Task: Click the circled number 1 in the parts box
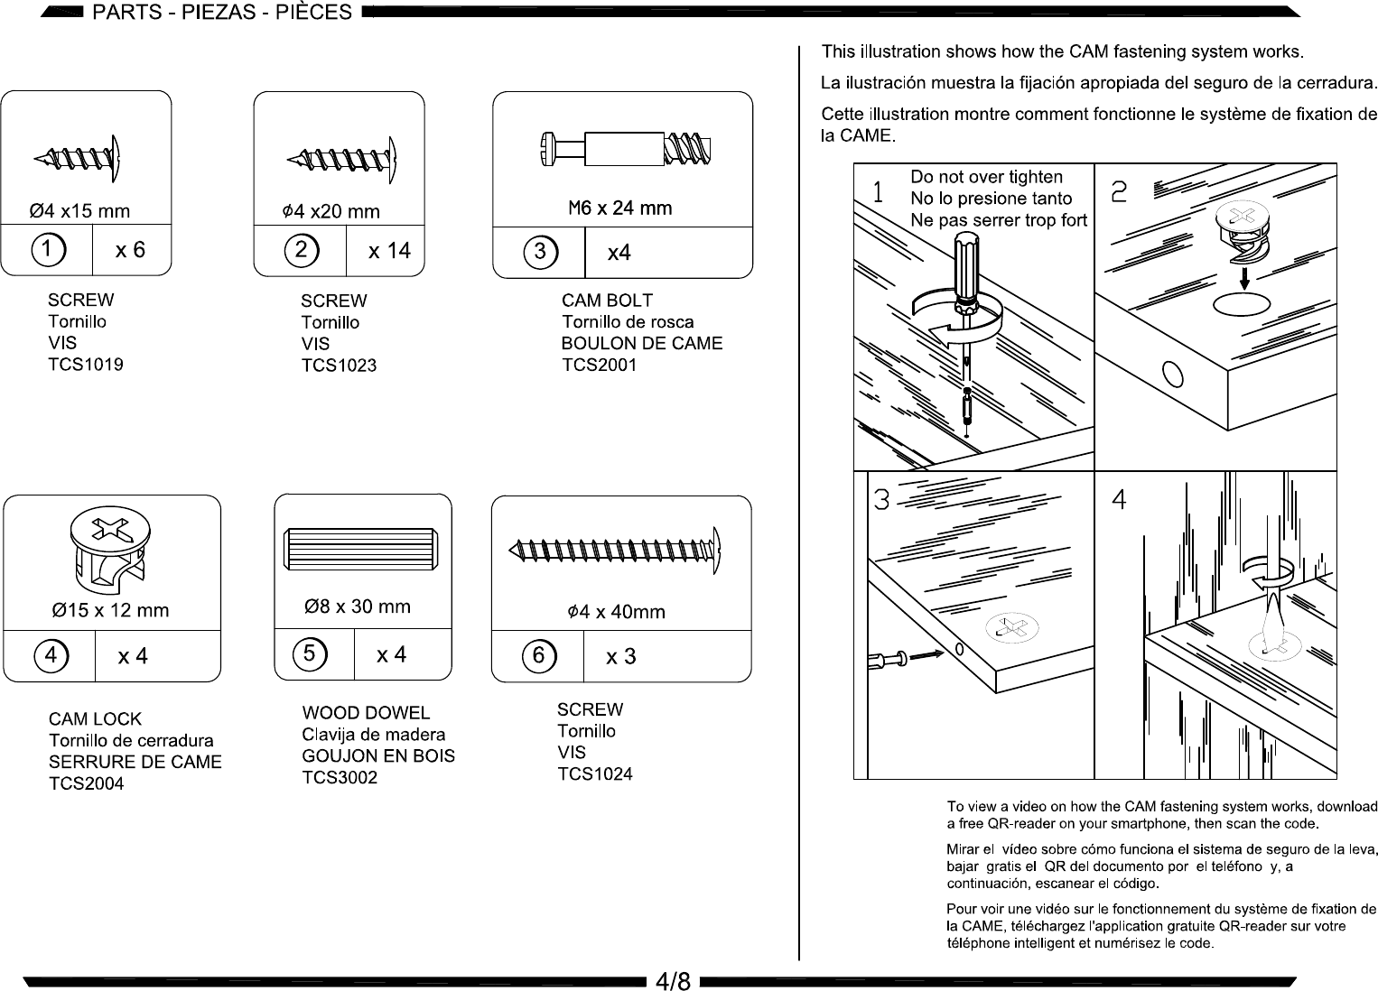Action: [x=48, y=250]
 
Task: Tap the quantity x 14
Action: [x=389, y=251]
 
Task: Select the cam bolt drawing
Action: [x=625, y=149]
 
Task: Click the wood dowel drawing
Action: [x=360, y=549]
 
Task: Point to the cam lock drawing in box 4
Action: [x=110, y=551]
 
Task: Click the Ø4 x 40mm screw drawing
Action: [x=615, y=550]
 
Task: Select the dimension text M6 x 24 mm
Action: [x=620, y=208]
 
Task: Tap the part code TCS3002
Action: [x=340, y=777]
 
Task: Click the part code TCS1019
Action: [x=86, y=365]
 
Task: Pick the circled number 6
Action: [x=539, y=655]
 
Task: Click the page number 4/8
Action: [x=673, y=980]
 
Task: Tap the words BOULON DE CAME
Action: [x=642, y=343]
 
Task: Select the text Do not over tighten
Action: [x=986, y=177]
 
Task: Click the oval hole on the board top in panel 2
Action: [x=1242, y=304]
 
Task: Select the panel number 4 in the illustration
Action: [x=1119, y=499]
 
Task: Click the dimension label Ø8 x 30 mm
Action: [x=358, y=607]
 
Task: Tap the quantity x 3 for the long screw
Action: [x=620, y=656]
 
